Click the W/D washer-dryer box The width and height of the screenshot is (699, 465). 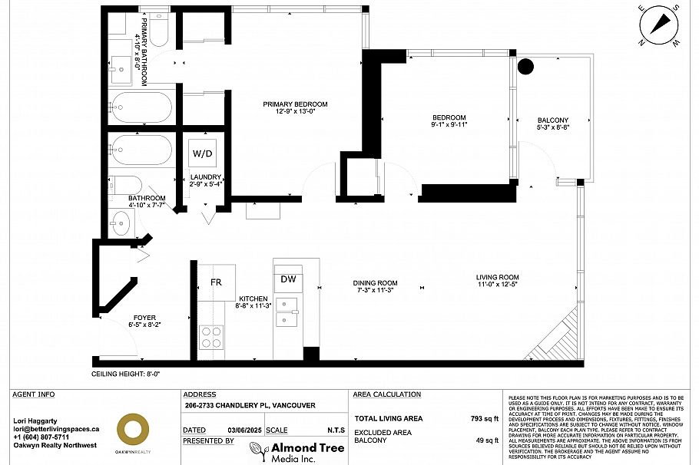203,153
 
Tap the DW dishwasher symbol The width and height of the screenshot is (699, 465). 288,280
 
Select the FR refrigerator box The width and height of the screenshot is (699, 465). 216,282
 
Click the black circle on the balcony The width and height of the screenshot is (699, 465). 526,66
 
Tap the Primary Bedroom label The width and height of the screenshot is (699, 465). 295,104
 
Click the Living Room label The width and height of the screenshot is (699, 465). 497,277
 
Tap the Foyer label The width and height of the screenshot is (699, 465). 144,317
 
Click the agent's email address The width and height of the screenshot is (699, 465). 57,429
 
